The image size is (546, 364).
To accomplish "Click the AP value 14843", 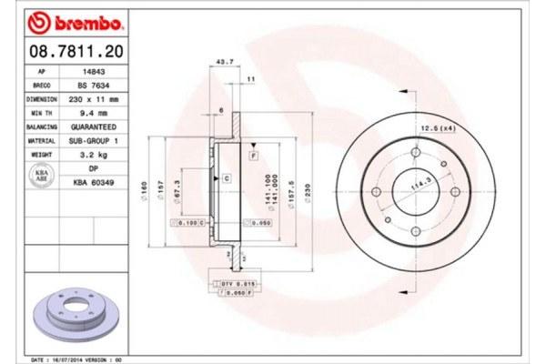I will [x=91, y=69].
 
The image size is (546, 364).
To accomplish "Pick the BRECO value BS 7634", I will [x=91, y=84].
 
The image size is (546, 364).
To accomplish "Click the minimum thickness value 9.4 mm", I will [x=91, y=113].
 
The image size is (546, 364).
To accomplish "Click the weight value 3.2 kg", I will [x=91, y=157].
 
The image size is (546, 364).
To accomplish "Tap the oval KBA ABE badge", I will [x=42, y=176].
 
